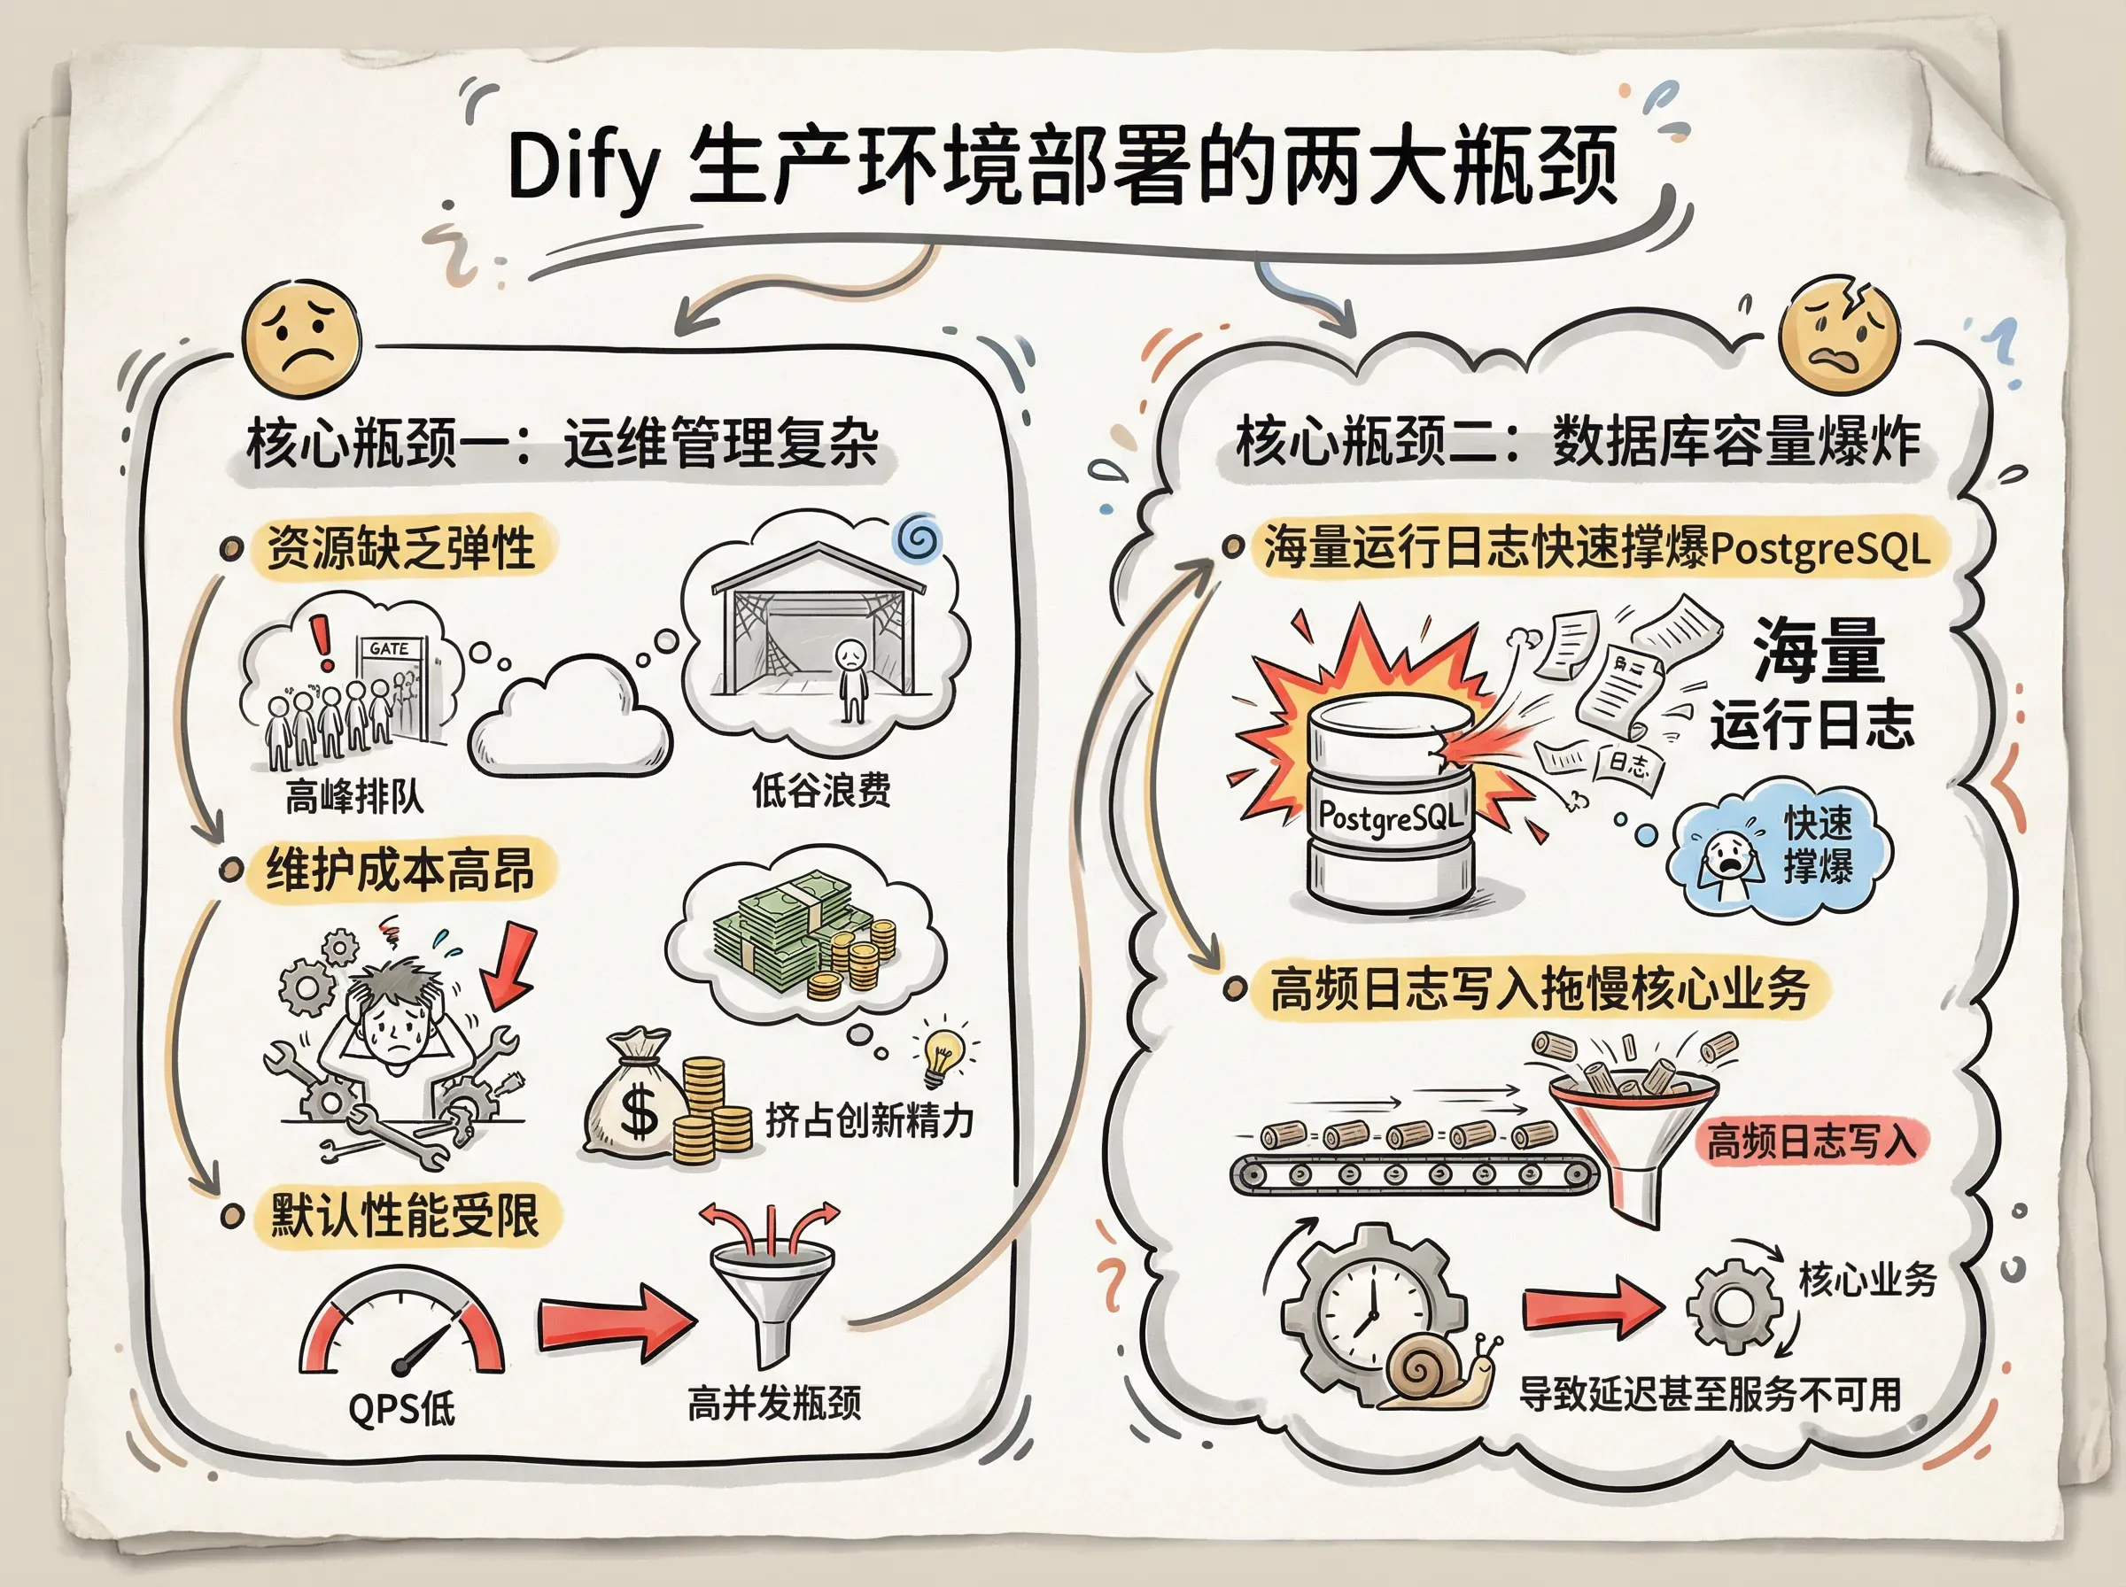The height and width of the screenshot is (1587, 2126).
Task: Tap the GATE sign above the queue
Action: point(389,648)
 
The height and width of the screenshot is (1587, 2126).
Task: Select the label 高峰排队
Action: point(353,795)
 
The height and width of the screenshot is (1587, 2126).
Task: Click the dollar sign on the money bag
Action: point(639,1114)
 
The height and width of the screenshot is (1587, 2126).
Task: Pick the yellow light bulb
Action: point(944,1053)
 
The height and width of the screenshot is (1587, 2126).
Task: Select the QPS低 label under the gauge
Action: point(401,1409)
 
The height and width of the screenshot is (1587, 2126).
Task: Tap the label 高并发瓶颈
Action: point(774,1404)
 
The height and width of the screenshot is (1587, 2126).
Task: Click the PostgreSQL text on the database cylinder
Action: point(1390,817)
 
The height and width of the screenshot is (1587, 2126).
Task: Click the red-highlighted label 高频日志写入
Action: point(1811,1142)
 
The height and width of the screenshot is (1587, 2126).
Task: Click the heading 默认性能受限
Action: point(403,1215)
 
